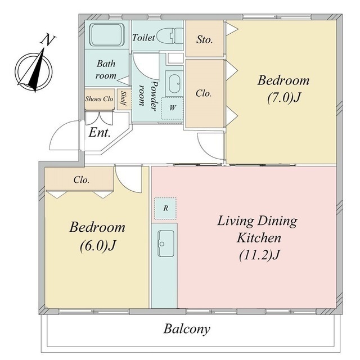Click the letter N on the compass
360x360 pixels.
pyautogui.click(x=47, y=39)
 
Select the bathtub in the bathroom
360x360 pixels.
pyautogui.click(x=107, y=35)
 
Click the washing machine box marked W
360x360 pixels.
pyautogui.click(x=172, y=108)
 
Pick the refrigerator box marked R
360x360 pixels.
pyautogui.click(x=165, y=208)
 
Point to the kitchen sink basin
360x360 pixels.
pyautogui.click(x=165, y=244)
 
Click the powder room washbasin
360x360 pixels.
pyautogui.click(x=174, y=84)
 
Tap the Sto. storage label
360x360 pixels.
pyautogui.click(x=204, y=40)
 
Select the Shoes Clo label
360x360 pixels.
pyautogui.click(x=99, y=99)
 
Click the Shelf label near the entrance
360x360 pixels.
pyautogui.click(x=124, y=99)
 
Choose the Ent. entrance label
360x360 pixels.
pyautogui.click(x=100, y=133)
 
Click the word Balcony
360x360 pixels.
pyautogui.click(x=187, y=329)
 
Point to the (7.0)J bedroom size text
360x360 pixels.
pyautogui.click(x=283, y=98)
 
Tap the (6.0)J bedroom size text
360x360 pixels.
pyautogui.click(x=97, y=246)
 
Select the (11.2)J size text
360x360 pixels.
pyautogui.click(x=259, y=255)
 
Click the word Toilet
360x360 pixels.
pyautogui.click(x=144, y=38)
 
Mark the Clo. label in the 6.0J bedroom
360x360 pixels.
pyautogui.click(x=82, y=180)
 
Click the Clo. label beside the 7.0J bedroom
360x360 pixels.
pyautogui.click(x=204, y=93)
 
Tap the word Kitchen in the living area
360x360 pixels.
pyautogui.click(x=259, y=237)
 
